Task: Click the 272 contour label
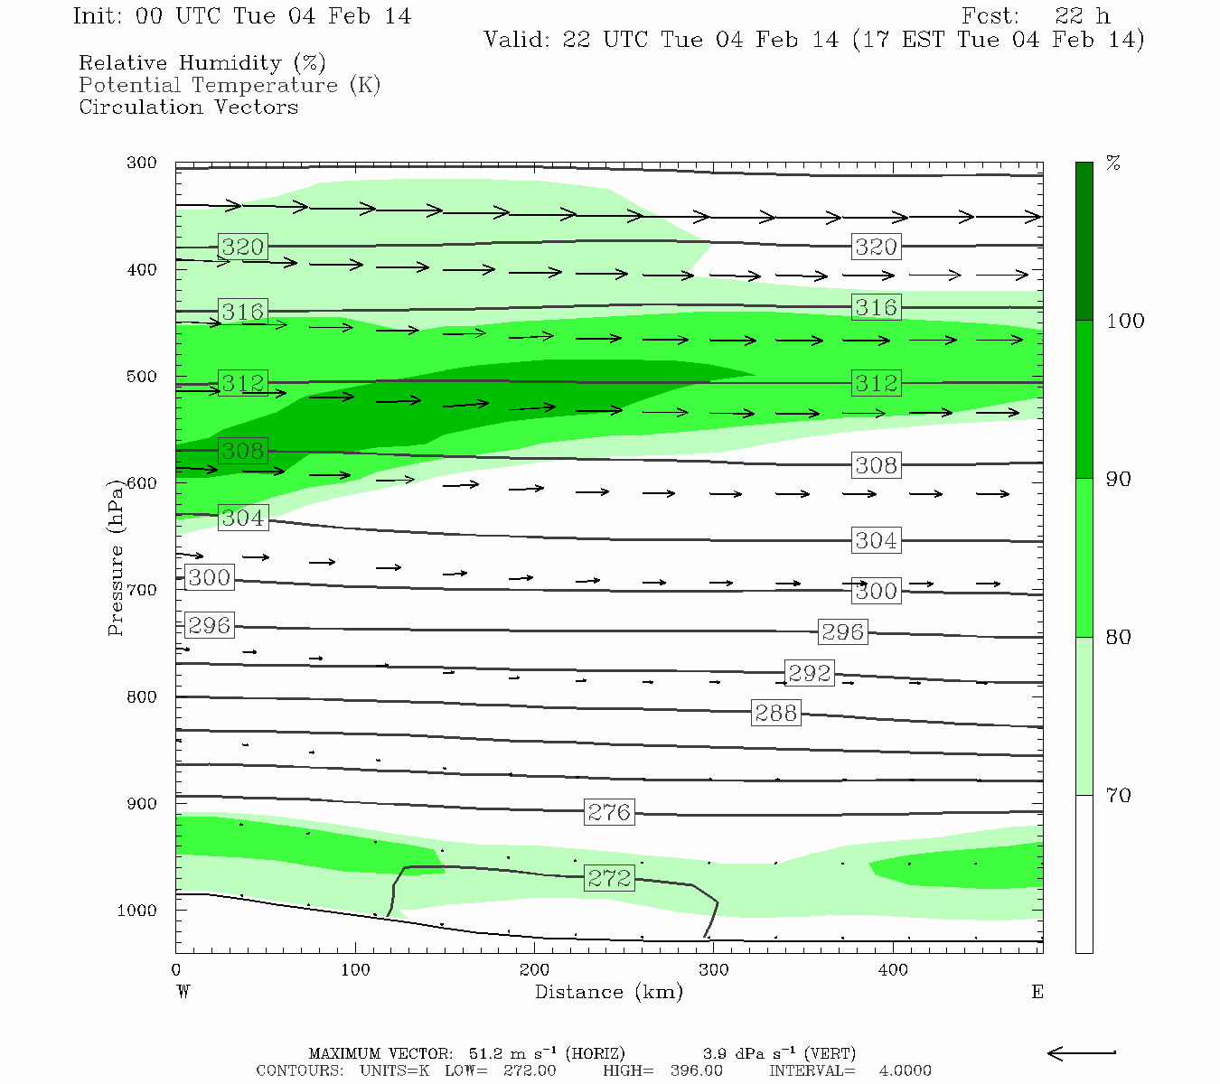(609, 878)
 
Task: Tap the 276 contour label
(609, 812)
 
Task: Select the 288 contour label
(775, 713)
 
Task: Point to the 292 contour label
(809, 673)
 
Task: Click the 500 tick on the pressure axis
(142, 377)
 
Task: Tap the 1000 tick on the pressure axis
(137, 911)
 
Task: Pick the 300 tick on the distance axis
(714, 970)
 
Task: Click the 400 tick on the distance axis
(893, 970)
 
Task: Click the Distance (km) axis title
(608, 992)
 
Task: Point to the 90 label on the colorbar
(1119, 479)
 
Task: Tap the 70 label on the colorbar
(1119, 796)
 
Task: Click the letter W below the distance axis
(183, 992)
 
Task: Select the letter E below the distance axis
(1037, 992)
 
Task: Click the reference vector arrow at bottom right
(1081, 1052)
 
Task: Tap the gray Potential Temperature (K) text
(230, 85)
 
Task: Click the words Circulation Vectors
(188, 107)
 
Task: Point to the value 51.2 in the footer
(486, 1053)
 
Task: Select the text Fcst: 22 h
(1036, 16)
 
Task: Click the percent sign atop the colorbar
(1113, 164)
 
